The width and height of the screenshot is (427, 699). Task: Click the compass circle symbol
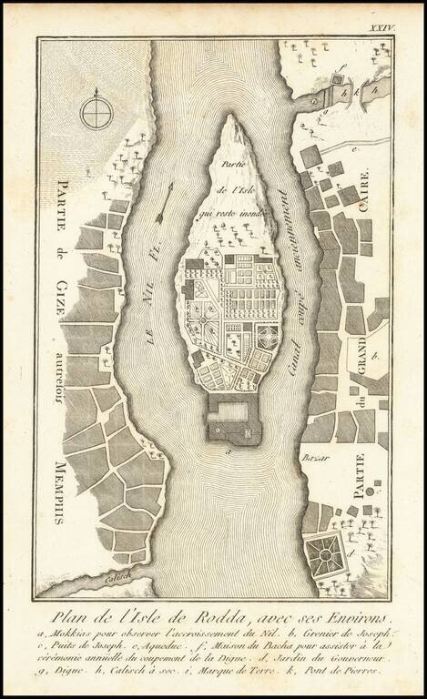(94, 113)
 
